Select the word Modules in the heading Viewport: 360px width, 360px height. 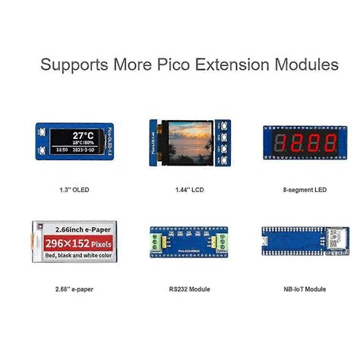(307, 65)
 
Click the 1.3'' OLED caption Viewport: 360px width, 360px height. (73, 189)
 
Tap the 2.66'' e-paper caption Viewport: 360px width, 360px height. (73, 289)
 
